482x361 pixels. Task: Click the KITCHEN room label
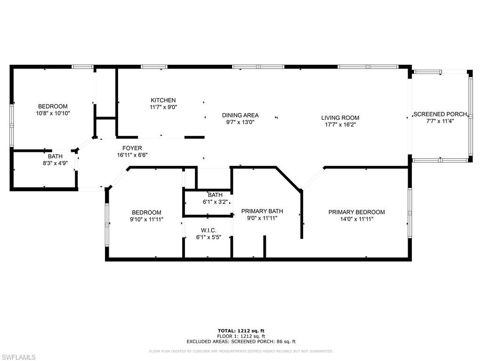coord(163,100)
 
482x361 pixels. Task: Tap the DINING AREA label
coord(241,115)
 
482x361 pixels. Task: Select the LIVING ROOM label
coord(340,118)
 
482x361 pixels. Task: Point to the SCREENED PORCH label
coord(440,114)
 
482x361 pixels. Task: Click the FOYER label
coord(132,148)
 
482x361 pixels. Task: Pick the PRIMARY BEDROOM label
coord(357,212)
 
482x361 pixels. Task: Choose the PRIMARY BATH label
coord(262,211)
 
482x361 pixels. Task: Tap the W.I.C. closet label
coord(209,230)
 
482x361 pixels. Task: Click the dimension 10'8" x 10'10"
coord(53,113)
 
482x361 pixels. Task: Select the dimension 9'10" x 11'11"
coord(147,219)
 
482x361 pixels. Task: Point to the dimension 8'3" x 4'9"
coord(56,163)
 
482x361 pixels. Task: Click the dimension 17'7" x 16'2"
coord(340,125)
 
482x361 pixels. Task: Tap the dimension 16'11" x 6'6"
coord(132,155)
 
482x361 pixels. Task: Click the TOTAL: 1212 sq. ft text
coord(241,330)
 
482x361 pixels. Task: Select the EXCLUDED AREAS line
coord(241,341)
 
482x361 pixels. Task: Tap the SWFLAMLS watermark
coord(18,357)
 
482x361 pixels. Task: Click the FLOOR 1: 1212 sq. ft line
coord(241,336)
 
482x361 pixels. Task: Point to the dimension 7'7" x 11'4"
coord(440,121)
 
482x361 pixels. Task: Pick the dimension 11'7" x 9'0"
coord(163,107)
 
